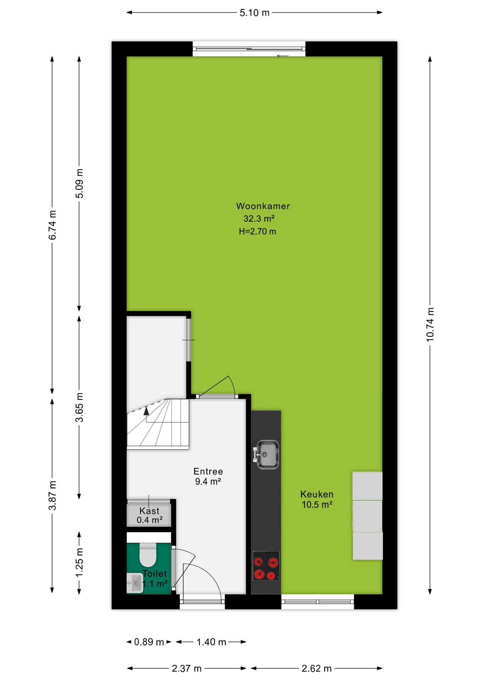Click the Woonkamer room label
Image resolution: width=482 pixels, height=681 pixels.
263,206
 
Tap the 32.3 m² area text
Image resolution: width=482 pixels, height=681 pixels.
259,218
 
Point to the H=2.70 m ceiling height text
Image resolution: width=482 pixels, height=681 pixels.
257,231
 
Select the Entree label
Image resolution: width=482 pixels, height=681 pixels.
208,471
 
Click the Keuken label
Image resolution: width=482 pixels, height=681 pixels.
317,494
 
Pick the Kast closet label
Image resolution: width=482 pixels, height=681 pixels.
149,511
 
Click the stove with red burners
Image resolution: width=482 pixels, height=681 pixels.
266,566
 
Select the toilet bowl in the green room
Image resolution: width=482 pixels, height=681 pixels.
148,555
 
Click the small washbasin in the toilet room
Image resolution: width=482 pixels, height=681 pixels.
135,583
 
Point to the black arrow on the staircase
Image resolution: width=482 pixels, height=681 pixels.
146,411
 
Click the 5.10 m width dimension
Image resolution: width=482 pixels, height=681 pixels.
254,13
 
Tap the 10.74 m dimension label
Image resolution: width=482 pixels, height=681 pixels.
430,325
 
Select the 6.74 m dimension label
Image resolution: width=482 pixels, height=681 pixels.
52,225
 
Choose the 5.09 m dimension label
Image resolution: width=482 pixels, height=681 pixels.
79,183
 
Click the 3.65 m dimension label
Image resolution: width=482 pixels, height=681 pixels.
79,407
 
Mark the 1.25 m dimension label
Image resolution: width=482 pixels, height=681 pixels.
79,562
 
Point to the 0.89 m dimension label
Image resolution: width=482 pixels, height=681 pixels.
149,642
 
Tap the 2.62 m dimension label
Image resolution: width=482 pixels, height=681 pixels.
317,669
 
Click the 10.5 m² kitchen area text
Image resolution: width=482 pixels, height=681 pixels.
317,504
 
